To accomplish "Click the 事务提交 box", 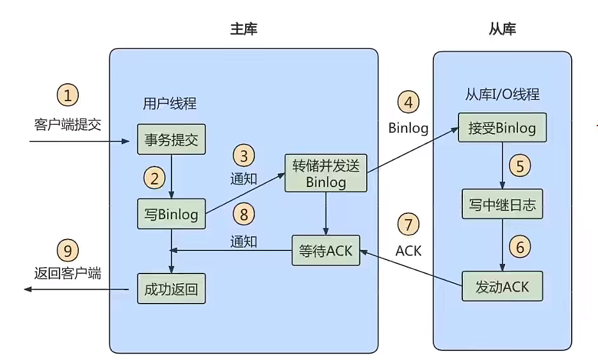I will point(171,140).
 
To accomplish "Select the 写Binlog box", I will point(171,215).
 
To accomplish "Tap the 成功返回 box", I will point(171,289).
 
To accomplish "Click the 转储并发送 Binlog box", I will point(326,173).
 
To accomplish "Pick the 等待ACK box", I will point(326,251).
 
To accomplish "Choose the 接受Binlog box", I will point(502,127).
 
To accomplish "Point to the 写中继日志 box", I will point(502,205).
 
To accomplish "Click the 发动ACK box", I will point(502,286).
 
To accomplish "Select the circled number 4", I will point(408,102).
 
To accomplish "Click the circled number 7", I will point(408,225).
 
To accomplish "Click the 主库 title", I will point(243,29).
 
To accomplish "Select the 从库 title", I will point(502,29).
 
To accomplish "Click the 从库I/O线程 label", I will point(502,95).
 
